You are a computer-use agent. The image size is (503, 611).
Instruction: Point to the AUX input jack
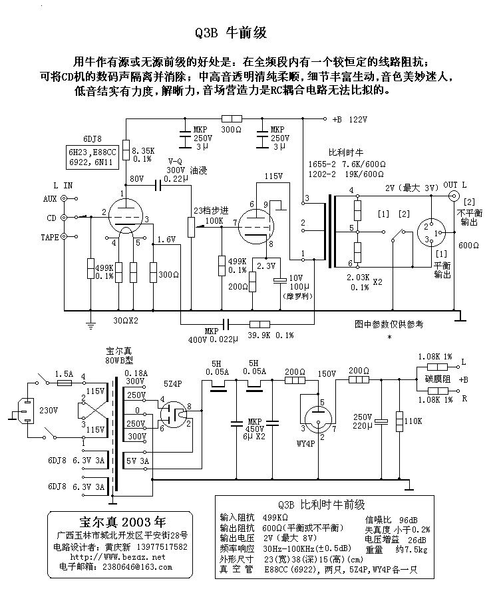click(x=65, y=198)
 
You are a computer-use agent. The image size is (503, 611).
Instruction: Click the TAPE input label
click(x=49, y=237)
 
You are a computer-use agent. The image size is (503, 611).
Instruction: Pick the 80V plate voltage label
click(x=137, y=178)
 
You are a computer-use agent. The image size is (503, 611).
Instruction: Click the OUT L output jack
click(x=455, y=196)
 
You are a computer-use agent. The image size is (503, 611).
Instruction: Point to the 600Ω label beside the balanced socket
click(x=469, y=246)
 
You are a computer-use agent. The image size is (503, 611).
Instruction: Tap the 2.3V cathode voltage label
click(x=266, y=266)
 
